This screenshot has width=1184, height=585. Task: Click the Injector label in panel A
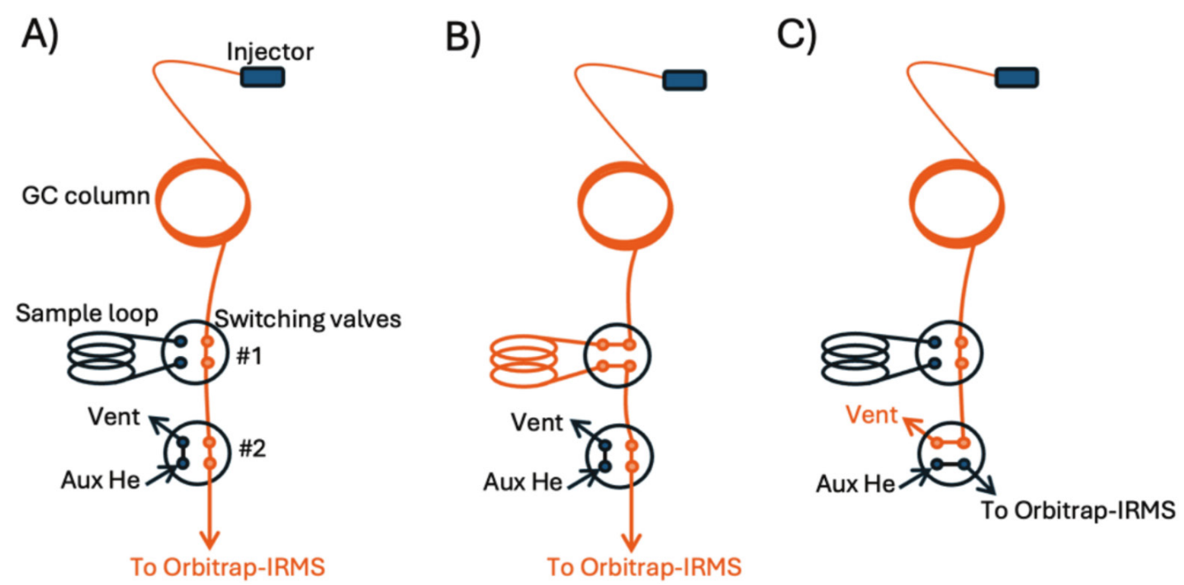(x=270, y=53)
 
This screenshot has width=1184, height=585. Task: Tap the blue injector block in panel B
(x=685, y=79)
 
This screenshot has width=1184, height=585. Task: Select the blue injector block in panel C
(x=1016, y=78)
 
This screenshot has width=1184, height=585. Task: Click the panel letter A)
(x=40, y=36)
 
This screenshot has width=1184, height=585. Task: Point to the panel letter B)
(x=462, y=36)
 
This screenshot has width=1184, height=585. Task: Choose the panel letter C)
(x=795, y=36)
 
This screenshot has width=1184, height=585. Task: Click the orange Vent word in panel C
(x=864, y=416)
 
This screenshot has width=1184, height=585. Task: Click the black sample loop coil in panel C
(x=855, y=360)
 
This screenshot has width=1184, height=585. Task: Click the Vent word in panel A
(x=113, y=416)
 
